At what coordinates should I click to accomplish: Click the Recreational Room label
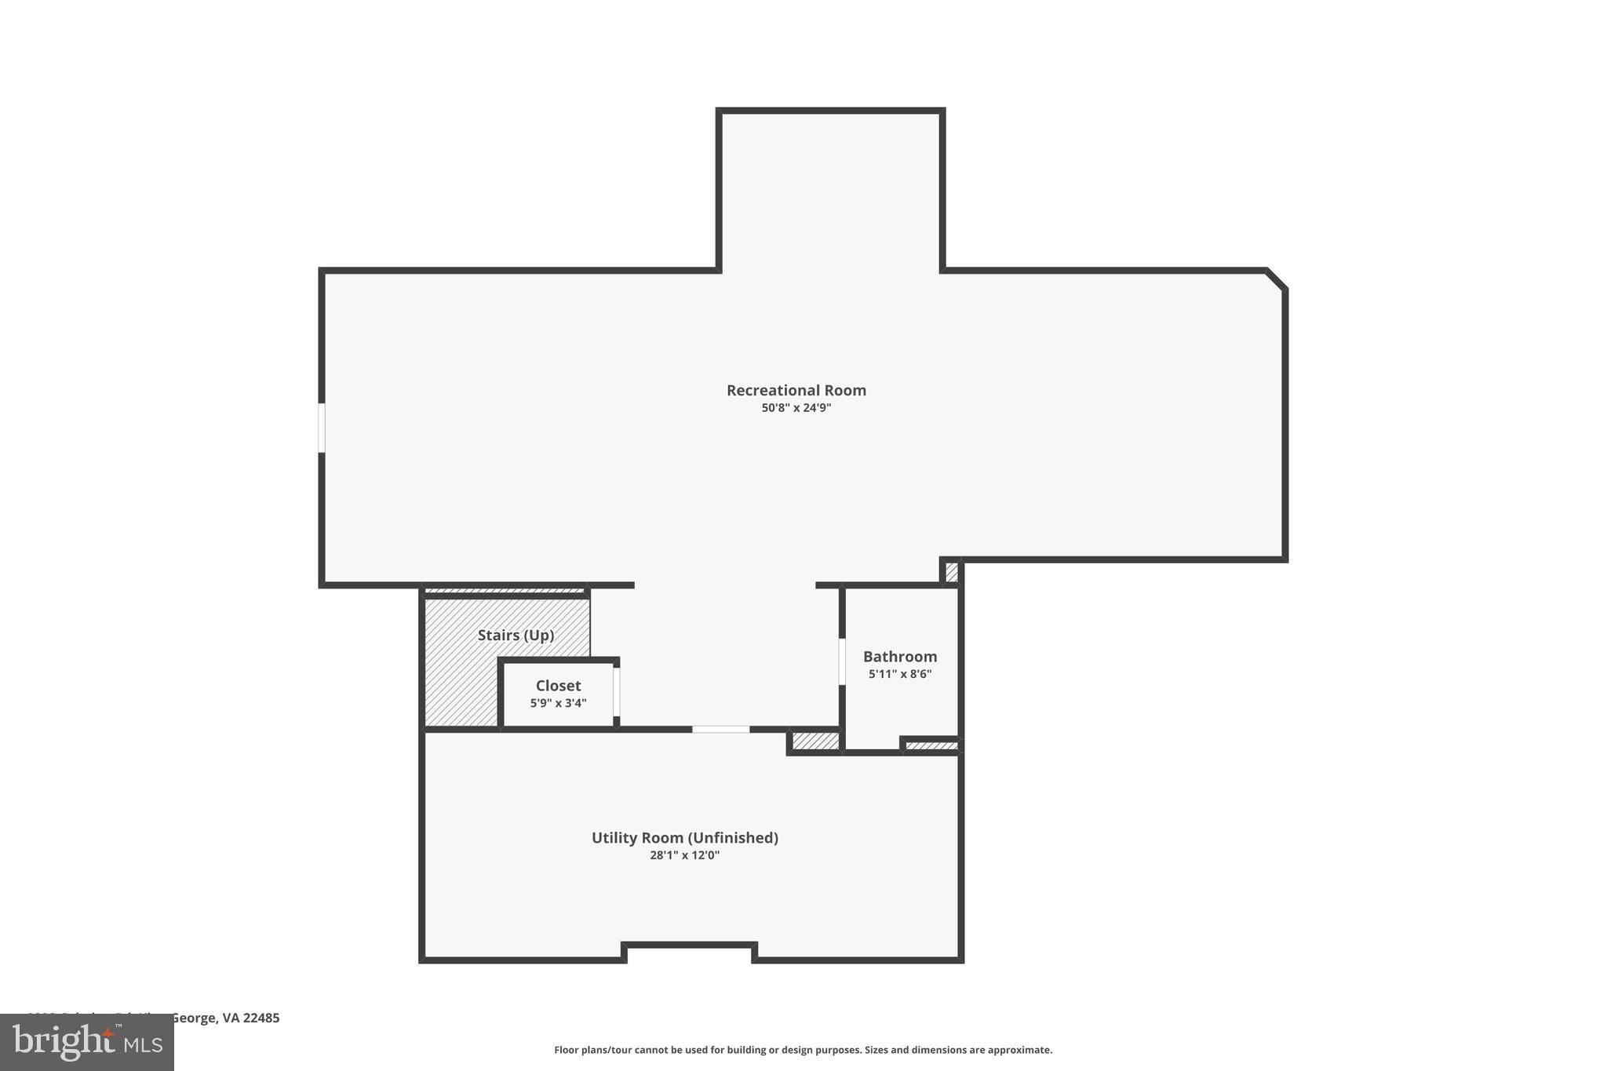coord(796,390)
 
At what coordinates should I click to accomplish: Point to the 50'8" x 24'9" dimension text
coord(796,408)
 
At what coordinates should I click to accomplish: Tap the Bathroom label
coord(899,657)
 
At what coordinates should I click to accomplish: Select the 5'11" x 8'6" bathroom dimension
coord(899,674)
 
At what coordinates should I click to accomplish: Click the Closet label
coord(558,686)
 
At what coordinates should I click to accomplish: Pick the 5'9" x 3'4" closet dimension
coord(558,703)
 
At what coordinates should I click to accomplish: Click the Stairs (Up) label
coord(516,635)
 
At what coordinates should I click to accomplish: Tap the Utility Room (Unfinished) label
coord(684,837)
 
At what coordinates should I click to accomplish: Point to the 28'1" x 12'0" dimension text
coord(684,855)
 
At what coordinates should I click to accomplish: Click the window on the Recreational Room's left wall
coord(322,428)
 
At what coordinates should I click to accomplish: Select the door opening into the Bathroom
coord(842,661)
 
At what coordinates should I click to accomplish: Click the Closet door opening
coord(617,691)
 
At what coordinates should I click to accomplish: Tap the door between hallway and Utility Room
coord(720,730)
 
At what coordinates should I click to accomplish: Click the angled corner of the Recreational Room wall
coord(1277,279)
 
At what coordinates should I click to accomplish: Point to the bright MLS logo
coord(86,1043)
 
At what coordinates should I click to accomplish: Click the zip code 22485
coord(261,1018)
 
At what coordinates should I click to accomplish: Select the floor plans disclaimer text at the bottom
coord(803,1050)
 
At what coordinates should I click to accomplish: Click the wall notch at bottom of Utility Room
coord(689,945)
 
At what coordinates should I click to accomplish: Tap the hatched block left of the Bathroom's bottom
coord(814,741)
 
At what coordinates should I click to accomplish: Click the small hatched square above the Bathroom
coord(951,572)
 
